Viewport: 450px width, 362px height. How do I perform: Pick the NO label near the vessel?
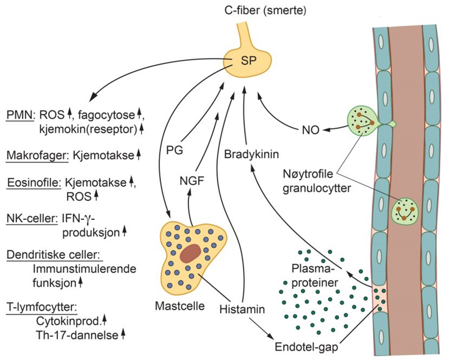tap(309, 130)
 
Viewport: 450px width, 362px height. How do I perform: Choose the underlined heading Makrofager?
tap(38, 154)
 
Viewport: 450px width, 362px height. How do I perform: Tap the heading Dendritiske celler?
tap(53, 255)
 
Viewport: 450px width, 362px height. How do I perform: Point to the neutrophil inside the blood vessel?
tap(404, 210)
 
